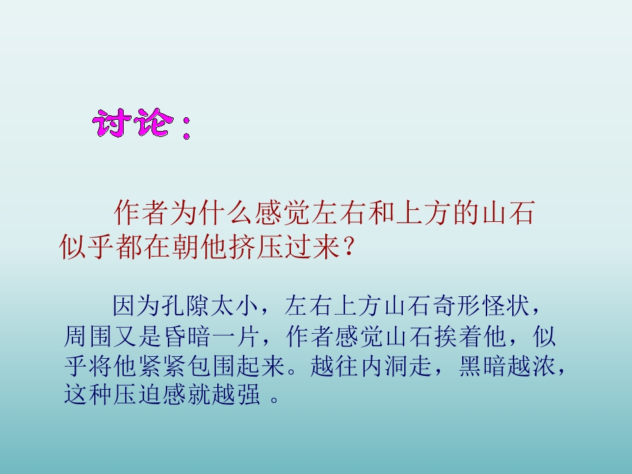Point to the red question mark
[349, 248]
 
